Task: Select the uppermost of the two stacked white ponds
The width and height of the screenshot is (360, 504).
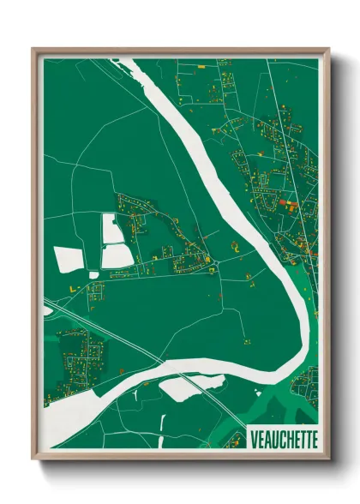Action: (112, 228)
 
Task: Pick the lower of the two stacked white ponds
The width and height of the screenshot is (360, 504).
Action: (117, 255)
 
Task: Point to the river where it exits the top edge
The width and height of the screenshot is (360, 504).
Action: (129, 63)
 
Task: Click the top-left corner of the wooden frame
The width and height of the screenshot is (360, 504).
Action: (34, 50)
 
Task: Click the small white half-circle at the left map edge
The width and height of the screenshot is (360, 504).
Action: (46, 309)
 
